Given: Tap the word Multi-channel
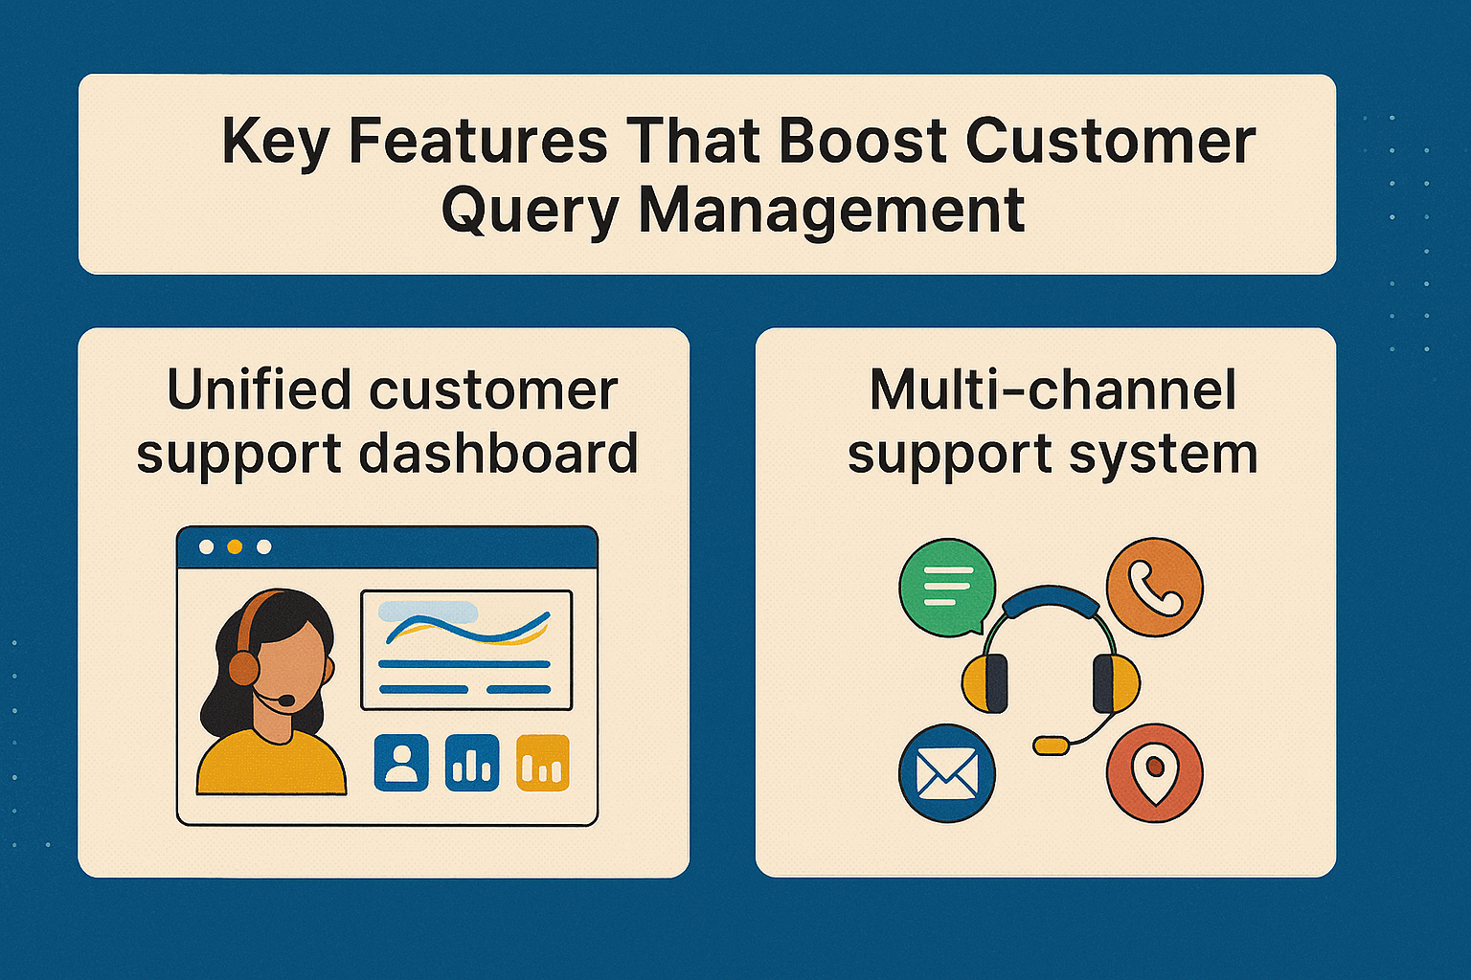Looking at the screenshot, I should [x=1052, y=390].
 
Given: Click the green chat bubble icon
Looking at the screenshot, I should [x=946, y=586].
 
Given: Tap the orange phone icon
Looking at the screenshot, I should [x=1154, y=586].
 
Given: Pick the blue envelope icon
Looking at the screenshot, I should [x=946, y=773].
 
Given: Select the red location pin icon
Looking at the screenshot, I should [x=1154, y=773].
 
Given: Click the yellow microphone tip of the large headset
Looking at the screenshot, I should [x=1051, y=745].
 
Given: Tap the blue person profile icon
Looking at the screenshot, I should [x=401, y=763].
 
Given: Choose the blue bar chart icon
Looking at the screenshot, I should [x=472, y=763].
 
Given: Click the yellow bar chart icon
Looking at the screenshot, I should [x=543, y=763].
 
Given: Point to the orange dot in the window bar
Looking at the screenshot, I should [x=235, y=546].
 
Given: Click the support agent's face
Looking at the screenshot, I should [x=286, y=670].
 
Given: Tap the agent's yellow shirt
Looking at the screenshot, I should [x=270, y=766].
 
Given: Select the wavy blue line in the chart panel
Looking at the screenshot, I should [x=466, y=628].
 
